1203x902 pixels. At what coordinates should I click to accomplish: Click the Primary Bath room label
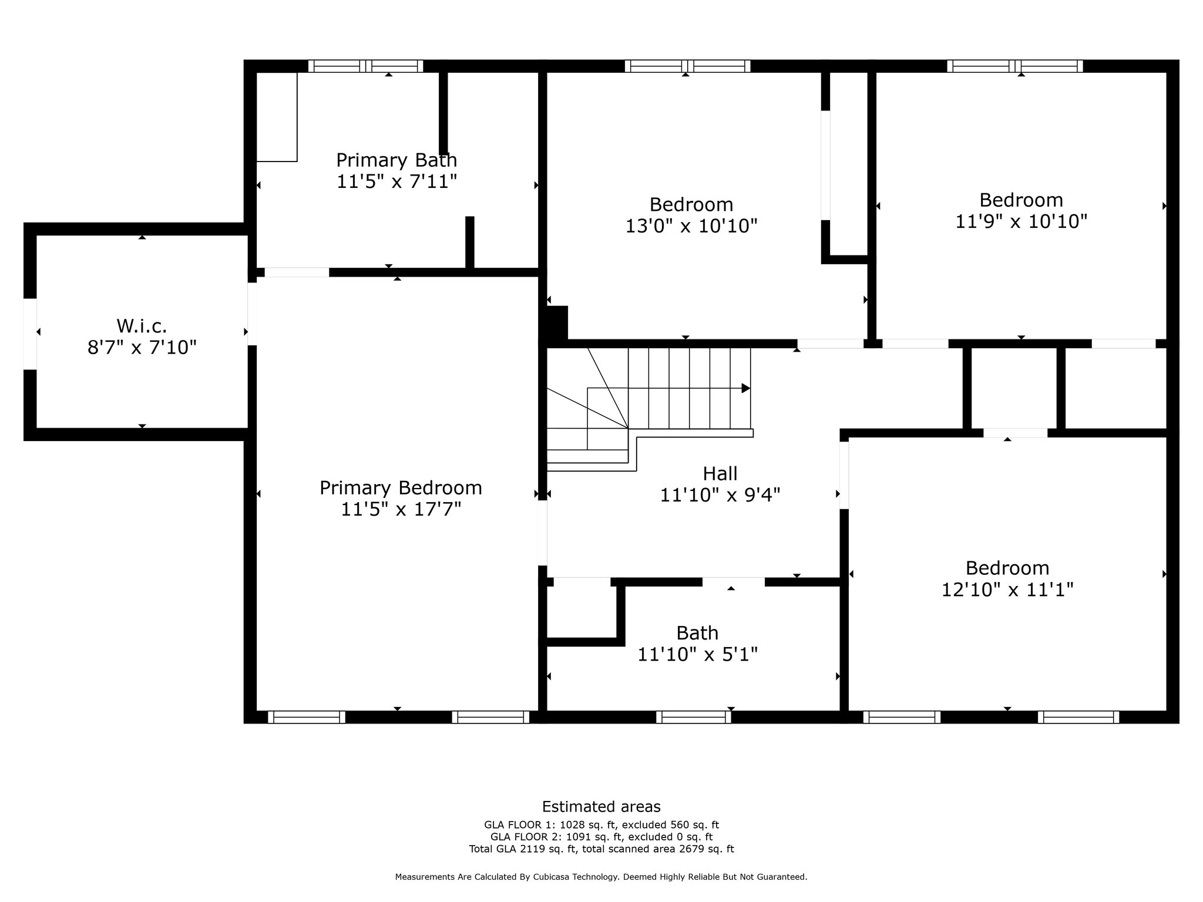tap(396, 160)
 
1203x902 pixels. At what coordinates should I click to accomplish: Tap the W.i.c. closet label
tap(142, 325)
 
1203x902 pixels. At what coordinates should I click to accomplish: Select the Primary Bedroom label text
tap(401, 488)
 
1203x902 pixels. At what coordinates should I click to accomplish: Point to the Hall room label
tap(720, 473)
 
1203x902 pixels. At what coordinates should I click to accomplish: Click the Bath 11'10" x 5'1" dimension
tap(698, 654)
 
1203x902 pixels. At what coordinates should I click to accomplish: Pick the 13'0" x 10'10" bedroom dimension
tap(691, 225)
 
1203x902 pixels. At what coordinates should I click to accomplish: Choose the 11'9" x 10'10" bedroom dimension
tap(1021, 221)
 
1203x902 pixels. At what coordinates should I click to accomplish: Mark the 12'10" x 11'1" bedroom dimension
tap(1007, 589)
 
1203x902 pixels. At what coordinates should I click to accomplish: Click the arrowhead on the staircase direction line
tap(746, 388)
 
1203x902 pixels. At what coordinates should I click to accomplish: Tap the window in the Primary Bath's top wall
tap(365, 66)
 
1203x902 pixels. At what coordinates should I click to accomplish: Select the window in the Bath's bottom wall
tap(693, 716)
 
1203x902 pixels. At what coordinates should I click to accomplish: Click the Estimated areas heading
tap(601, 806)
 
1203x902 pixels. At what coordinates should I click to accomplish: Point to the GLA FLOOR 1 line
tap(601, 824)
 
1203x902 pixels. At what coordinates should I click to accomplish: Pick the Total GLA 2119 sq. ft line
tap(601, 849)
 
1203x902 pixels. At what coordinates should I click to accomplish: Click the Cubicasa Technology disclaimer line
tap(601, 877)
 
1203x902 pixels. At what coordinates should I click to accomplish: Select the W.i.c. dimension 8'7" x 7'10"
tap(142, 348)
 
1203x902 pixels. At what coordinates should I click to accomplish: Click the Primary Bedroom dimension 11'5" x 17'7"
tap(401, 509)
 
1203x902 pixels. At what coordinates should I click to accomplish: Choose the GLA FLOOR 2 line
tap(601, 837)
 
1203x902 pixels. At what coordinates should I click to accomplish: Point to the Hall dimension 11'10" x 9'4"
tap(720, 495)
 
